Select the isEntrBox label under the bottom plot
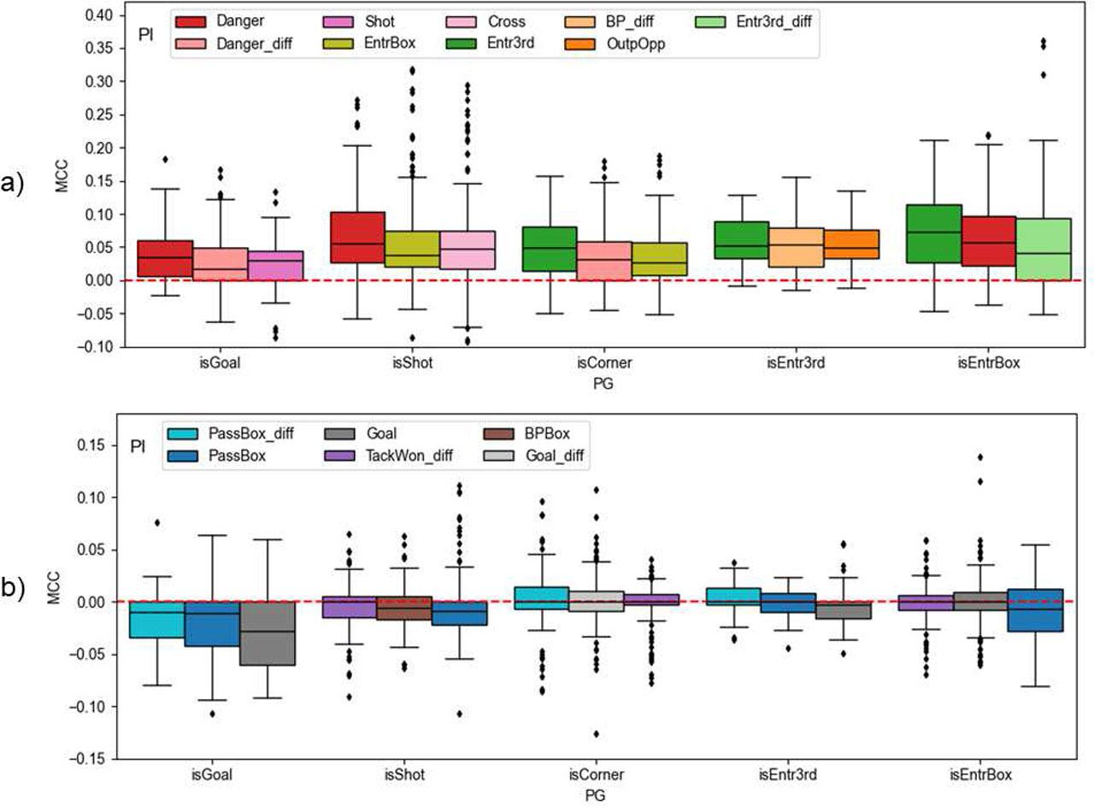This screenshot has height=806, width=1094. [979, 775]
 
